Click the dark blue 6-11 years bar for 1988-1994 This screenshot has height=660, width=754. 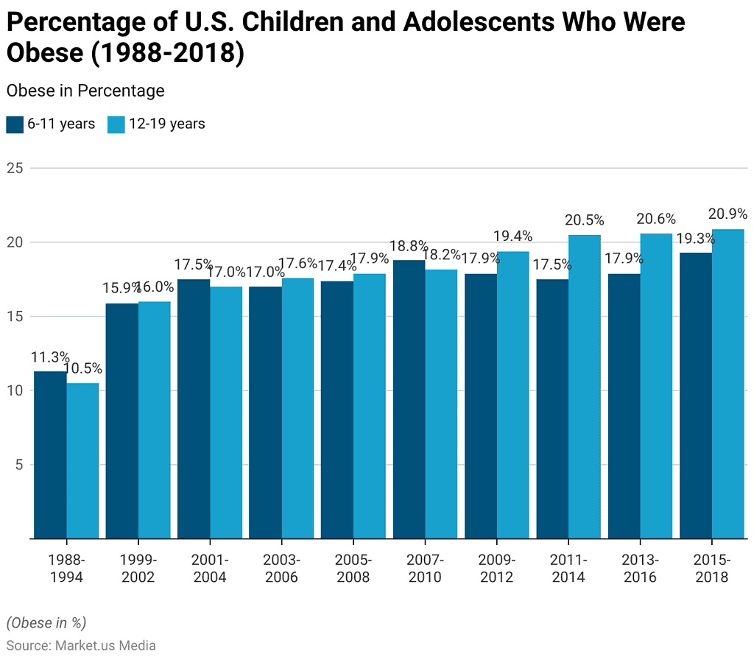click(50, 454)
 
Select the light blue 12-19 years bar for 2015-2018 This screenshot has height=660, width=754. click(727, 384)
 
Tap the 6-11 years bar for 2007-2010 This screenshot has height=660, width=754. click(409, 399)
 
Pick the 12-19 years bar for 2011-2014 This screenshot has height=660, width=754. click(584, 387)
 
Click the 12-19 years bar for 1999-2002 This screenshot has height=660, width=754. click(154, 420)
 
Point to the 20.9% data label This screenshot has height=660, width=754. click(728, 214)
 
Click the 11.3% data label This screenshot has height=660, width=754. click(49, 357)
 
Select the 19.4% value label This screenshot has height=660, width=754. click(513, 236)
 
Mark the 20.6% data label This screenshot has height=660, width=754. click(656, 219)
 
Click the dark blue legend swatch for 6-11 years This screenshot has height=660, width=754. click(15, 124)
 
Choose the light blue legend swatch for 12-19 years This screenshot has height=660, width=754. click(116, 124)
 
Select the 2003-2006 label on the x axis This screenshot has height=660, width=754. click(281, 568)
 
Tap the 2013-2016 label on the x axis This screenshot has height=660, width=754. click(640, 568)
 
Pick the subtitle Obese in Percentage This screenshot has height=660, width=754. click(85, 91)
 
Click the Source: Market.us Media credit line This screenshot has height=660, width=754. click(81, 645)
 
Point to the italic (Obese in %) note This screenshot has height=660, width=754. click(46, 622)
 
